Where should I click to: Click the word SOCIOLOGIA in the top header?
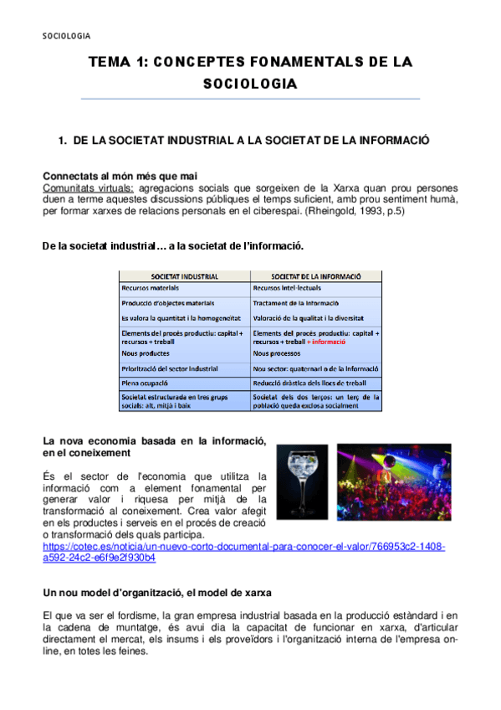[x=66, y=35]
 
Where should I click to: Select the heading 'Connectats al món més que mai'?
[x=120, y=176]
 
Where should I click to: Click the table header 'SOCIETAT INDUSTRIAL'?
[x=185, y=275]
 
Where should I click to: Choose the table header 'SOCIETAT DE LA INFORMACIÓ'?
[x=316, y=275]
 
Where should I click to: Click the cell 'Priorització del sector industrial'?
[x=169, y=368]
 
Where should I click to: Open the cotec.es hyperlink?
[x=243, y=546]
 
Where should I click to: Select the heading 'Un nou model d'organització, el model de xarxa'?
[x=156, y=593]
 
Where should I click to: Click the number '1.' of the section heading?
[x=62, y=141]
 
